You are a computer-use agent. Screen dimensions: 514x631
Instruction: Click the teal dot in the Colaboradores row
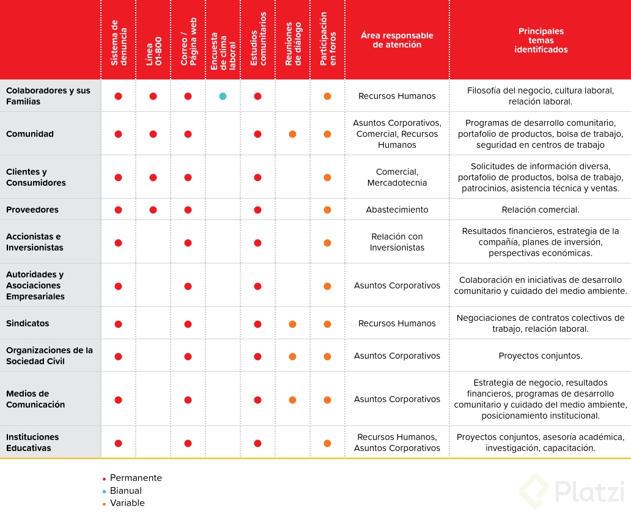223,96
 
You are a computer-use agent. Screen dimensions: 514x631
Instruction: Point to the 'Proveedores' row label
32,210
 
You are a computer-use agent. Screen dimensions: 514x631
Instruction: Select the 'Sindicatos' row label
28,323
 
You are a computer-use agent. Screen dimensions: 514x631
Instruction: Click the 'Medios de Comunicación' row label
35,399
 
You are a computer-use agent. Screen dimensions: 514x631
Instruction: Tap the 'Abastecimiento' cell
397,210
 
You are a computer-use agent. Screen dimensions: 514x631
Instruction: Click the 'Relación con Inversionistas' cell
397,242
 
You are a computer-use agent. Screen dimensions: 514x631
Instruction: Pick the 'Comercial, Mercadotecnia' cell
397,177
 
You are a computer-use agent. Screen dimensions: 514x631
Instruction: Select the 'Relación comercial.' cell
541,210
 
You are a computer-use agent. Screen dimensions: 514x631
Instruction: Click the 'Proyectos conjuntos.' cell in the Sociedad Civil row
541,356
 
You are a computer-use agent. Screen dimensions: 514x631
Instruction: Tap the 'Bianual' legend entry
125,491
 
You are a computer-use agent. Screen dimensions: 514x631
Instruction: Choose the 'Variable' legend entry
127,504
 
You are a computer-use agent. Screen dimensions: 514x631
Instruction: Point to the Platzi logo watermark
572,491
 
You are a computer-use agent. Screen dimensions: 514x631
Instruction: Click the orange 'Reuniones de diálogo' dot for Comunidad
292,134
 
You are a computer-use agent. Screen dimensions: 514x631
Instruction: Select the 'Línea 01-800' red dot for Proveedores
153,210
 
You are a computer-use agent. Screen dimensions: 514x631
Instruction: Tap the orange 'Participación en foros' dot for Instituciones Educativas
327,443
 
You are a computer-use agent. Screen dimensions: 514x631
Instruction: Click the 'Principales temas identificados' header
541,40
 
